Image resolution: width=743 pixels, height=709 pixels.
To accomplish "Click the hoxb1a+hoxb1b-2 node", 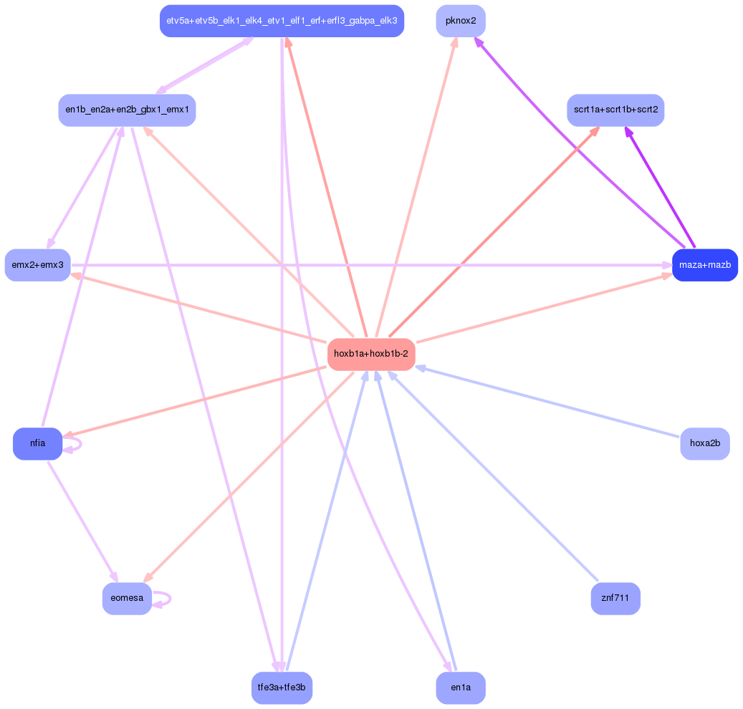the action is pos(371,354).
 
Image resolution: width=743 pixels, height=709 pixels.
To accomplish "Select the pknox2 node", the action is pos(461,21).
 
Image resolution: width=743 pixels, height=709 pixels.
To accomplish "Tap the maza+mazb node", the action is pos(704,265).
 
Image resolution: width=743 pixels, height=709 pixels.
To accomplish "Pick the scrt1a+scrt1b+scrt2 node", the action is pos(615,110).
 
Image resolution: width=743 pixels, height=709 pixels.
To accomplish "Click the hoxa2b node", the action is pos(704,443).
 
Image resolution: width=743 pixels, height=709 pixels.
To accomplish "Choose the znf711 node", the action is pos(615,598).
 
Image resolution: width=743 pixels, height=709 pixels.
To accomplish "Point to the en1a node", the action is pos(461,688).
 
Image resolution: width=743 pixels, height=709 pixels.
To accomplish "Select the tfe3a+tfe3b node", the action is pos(282,688).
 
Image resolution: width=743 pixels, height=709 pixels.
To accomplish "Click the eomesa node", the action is pos(127,598).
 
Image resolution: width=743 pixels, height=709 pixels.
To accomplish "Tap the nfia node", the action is pos(37,443).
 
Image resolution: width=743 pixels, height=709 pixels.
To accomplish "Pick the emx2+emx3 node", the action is pos(37,265).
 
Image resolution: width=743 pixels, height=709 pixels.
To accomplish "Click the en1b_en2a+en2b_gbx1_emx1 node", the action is pos(127,110).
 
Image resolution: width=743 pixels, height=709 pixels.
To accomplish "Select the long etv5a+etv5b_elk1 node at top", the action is pos(282,21).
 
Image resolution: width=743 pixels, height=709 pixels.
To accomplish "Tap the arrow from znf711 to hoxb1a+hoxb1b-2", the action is pos(493,476).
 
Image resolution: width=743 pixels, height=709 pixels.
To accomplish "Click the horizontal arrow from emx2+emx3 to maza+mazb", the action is pos(371,265).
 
